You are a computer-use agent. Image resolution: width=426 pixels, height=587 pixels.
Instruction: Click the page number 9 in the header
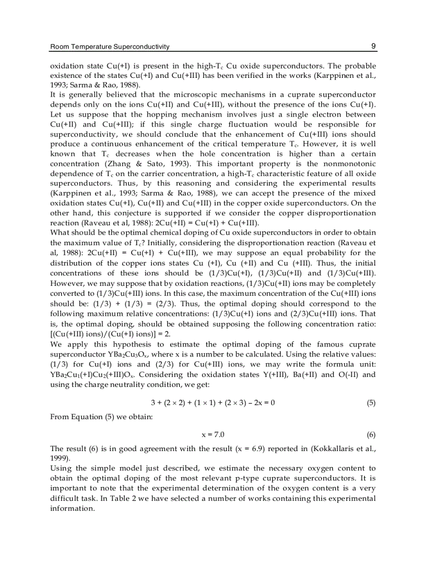[x=374, y=46]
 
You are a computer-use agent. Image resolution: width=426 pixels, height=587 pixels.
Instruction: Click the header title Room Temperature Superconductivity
[x=110, y=47]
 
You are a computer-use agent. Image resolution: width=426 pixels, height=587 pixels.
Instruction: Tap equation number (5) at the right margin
[x=371, y=402]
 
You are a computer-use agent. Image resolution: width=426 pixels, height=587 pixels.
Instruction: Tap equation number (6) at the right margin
[x=371, y=434]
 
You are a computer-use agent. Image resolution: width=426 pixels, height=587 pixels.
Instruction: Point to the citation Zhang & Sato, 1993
[x=132, y=164]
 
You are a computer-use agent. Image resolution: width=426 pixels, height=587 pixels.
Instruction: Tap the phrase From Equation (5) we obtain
[x=92, y=417]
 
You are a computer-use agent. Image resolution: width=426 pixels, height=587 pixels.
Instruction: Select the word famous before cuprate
[x=327, y=344]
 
